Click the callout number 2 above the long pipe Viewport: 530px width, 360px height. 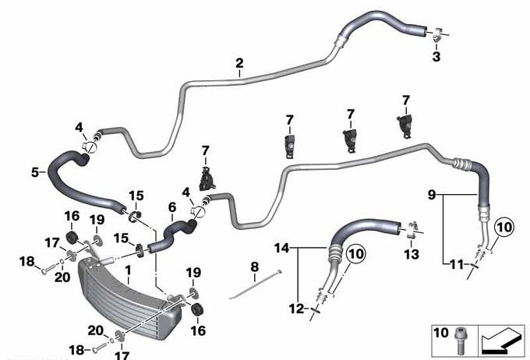click(239, 63)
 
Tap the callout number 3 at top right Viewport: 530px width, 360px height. click(436, 56)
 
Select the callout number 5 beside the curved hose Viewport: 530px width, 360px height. click(35, 172)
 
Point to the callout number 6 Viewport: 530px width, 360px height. click(172, 207)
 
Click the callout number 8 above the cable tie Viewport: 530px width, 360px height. click(255, 267)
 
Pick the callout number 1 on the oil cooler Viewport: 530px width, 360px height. click(128, 270)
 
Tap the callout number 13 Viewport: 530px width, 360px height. click(412, 254)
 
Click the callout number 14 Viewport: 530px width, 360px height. click(282, 249)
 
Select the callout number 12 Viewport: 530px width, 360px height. click(297, 309)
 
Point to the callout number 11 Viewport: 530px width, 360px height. click(457, 264)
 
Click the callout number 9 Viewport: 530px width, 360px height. click(432, 195)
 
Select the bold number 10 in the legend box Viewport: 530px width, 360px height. click(441, 333)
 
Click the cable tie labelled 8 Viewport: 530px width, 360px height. click(254, 286)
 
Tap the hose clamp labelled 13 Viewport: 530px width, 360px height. click(412, 230)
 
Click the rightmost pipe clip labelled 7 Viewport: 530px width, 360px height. click(405, 125)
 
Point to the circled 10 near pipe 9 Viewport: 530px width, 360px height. click(503, 228)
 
